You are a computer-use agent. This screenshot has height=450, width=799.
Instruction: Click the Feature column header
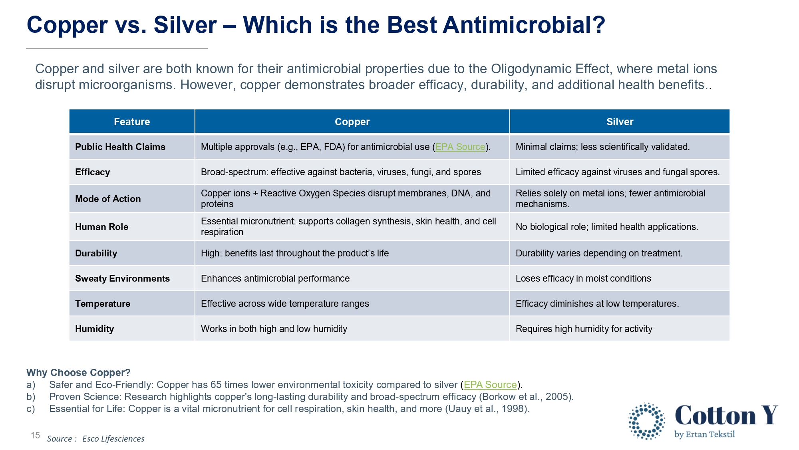(x=132, y=122)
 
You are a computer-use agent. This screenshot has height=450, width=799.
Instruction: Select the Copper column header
(x=352, y=122)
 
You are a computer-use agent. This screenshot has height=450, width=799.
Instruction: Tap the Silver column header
(x=620, y=122)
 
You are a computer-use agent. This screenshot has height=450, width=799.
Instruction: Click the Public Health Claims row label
(x=120, y=147)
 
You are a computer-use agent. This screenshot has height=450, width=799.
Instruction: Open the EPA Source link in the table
(x=460, y=147)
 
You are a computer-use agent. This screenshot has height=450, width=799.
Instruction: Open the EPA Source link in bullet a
(x=490, y=385)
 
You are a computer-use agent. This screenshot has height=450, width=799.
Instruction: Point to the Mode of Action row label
(x=108, y=199)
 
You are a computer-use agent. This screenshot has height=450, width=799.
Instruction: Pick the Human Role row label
(x=102, y=227)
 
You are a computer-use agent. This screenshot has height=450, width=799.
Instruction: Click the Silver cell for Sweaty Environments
(x=583, y=278)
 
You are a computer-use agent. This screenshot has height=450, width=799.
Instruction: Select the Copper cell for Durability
(x=295, y=253)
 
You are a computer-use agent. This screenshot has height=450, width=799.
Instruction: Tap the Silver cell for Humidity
(x=584, y=329)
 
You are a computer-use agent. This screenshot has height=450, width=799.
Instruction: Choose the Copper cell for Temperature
(x=285, y=304)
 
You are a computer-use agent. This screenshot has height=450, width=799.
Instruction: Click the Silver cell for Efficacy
(x=618, y=172)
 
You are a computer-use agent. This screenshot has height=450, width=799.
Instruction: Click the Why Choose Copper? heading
(x=78, y=372)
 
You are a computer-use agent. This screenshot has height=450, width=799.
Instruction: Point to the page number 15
(x=35, y=435)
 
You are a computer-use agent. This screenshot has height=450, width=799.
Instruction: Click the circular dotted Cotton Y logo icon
(x=646, y=421)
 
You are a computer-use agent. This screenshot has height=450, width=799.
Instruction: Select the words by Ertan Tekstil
(x=705, y=434)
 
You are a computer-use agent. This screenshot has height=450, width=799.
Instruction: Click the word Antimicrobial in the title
(x=524, y=25)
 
